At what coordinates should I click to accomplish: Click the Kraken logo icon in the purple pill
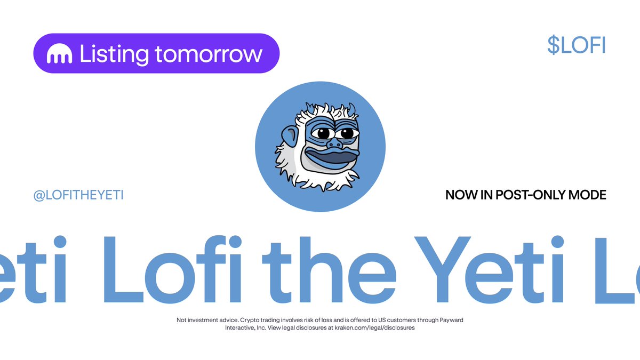(x=59, y=54)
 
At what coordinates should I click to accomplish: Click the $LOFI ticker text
(x=576, y=46)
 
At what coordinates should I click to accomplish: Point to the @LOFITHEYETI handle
(x=78, y=195)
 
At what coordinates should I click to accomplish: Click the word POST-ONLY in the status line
(x=526, y=195)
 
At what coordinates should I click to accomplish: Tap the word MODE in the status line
(x=588, y=195)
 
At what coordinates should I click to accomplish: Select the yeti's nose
(x=334, y=143)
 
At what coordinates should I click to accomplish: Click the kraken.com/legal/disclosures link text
(x=374, y=328)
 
